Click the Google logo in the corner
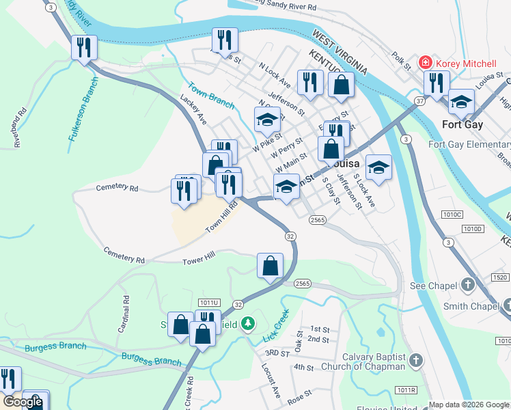[x=23, y=402]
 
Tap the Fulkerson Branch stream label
[x=84, y=109]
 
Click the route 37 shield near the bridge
[x=419, y=100]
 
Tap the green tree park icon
[x=250, y=323]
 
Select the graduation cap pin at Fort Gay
[x=461, y=102]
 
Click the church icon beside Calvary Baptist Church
[x=416, y=359]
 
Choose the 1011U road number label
[x=209, y=302]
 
